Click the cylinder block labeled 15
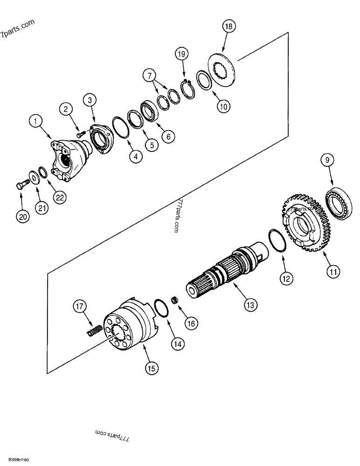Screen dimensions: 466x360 pos(128,329)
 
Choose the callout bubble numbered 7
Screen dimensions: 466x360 pos(149,75)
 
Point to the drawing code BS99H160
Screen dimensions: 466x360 pos(15,460)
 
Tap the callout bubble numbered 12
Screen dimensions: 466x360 pos(286,278)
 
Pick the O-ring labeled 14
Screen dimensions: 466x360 pos(162,308)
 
